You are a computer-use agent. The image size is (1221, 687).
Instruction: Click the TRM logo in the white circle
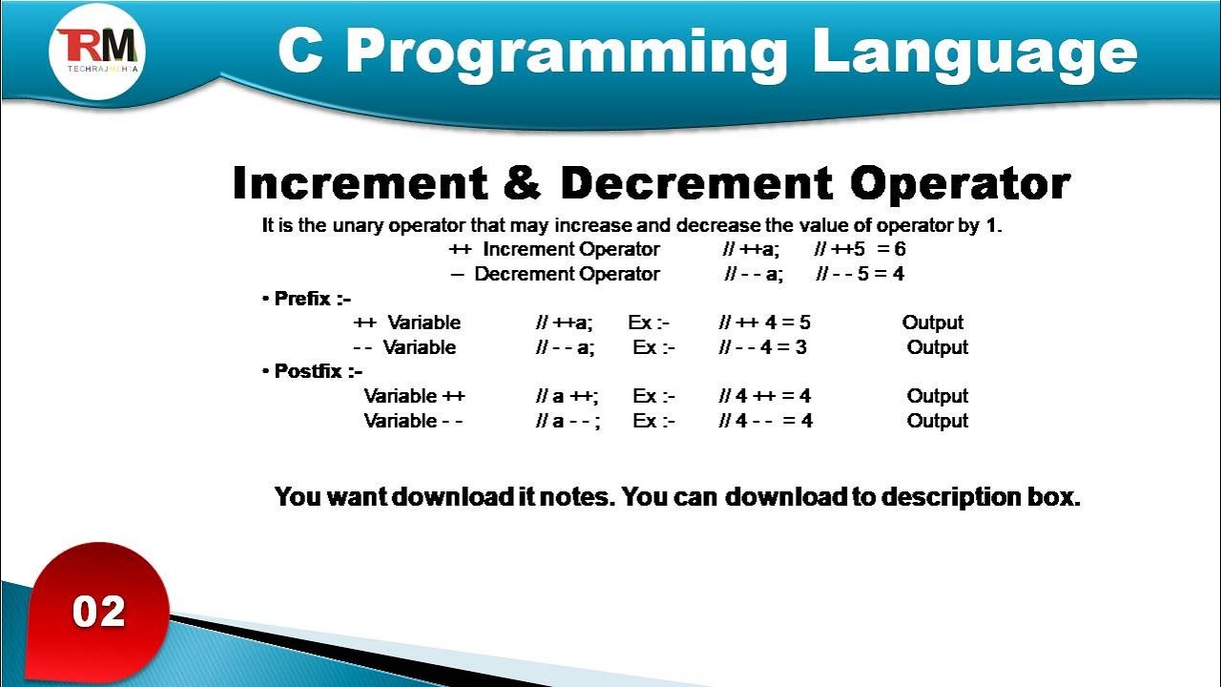(x=97, y=50)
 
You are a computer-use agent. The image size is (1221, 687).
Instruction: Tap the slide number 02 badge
(x=98, y=612)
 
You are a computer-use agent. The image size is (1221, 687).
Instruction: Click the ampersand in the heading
(x=521, y=182)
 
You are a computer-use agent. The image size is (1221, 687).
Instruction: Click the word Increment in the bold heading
(x=360, y=182)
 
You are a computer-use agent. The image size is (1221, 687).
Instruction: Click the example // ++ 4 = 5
(x=765, y=323)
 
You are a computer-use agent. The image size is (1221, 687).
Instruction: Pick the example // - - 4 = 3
(x=763, y=347)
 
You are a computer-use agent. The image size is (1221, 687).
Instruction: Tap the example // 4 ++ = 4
(x=765, y=396)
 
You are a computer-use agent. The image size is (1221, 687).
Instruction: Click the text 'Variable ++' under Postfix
(x=414, y=396)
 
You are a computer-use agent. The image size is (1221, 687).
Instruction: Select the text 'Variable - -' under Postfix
(x=413, y=421)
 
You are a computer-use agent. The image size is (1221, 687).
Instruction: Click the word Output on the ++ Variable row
(x=933, y=323)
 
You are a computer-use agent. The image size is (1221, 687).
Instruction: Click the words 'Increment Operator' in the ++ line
(x=570, y=250)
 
